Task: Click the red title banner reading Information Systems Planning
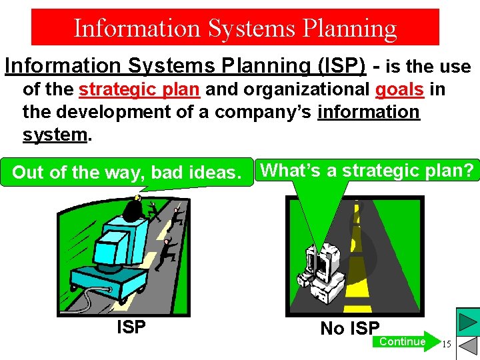pos(235,27)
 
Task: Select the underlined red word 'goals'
pos(399,90)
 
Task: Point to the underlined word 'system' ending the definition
pos(55,134)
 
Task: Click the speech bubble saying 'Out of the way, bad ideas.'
pos(126,173)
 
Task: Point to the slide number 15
pos(447,344)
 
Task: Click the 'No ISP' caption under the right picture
pos(350,328)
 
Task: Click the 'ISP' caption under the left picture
pos(131,327)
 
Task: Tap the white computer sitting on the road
pos(324,273)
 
